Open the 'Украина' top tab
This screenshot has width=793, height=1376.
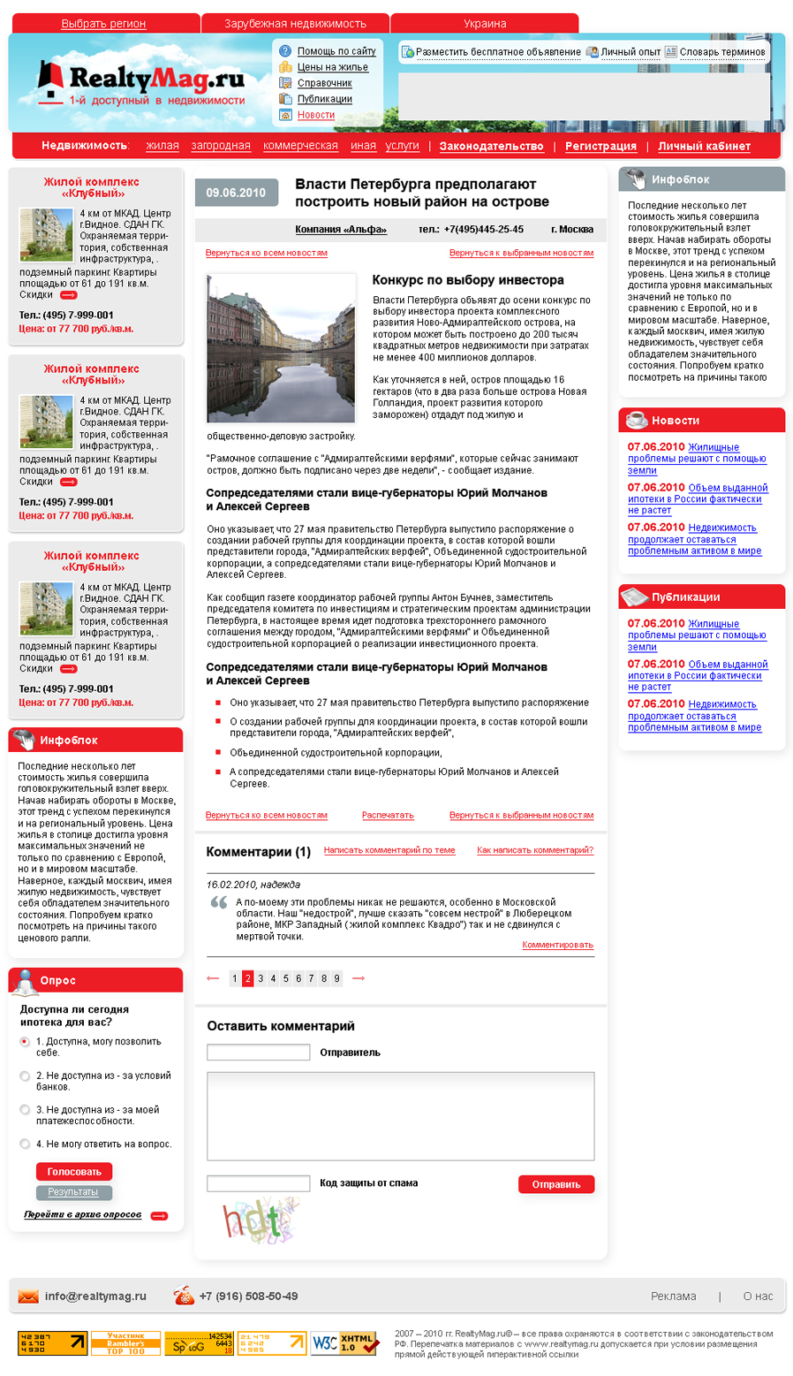click(485, 24)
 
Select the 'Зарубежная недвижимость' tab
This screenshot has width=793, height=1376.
click(295, 24)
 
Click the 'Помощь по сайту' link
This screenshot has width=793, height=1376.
click(336, 51)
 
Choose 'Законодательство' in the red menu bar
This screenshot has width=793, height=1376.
click(491, 147)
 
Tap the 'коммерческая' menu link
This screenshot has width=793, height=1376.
click(300, 146)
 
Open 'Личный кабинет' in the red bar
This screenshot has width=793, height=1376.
click(704, 147)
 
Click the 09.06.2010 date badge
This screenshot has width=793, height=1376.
click(236, 193)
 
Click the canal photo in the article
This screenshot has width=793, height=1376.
click(281, 348)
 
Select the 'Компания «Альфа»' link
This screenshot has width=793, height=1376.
click(341, 230)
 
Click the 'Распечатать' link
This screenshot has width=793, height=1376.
click(388, 816)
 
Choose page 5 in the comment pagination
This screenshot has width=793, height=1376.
click(286, 978)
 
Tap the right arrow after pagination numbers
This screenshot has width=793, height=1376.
click(359, 978)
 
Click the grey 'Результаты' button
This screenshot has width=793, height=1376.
click(73, 1192)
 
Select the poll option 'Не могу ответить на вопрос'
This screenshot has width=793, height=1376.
click(25, 1144)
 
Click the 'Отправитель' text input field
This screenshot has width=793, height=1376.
click(258, 1053)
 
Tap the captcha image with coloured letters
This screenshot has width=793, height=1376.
click(260, 1220)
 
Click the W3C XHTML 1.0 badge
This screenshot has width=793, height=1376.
click(345, 1343)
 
